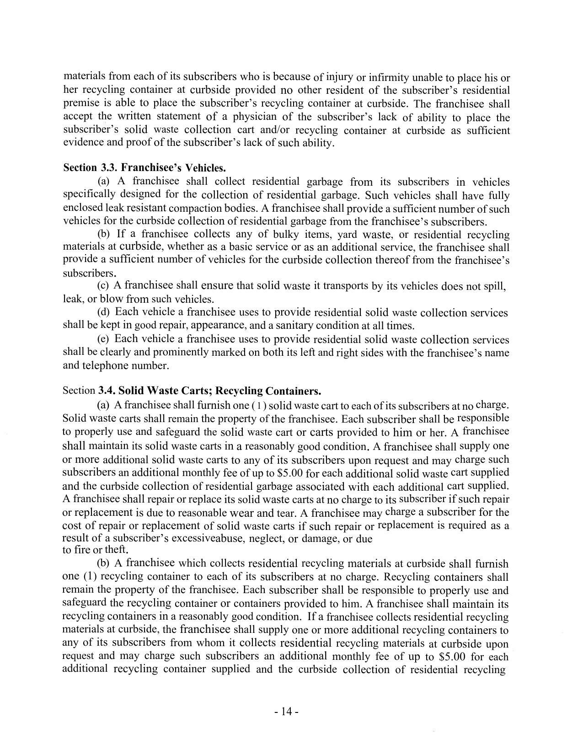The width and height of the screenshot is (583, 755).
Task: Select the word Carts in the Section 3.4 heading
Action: point(191,391)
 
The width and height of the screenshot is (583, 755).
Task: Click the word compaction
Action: point(200,209)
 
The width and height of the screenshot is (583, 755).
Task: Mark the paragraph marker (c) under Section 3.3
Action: point(103,286)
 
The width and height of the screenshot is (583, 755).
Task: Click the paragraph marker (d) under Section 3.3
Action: point(103,312)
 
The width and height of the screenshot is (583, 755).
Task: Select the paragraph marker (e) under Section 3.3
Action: point(103,339)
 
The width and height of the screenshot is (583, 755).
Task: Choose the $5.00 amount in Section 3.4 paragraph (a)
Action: point(289,473)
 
